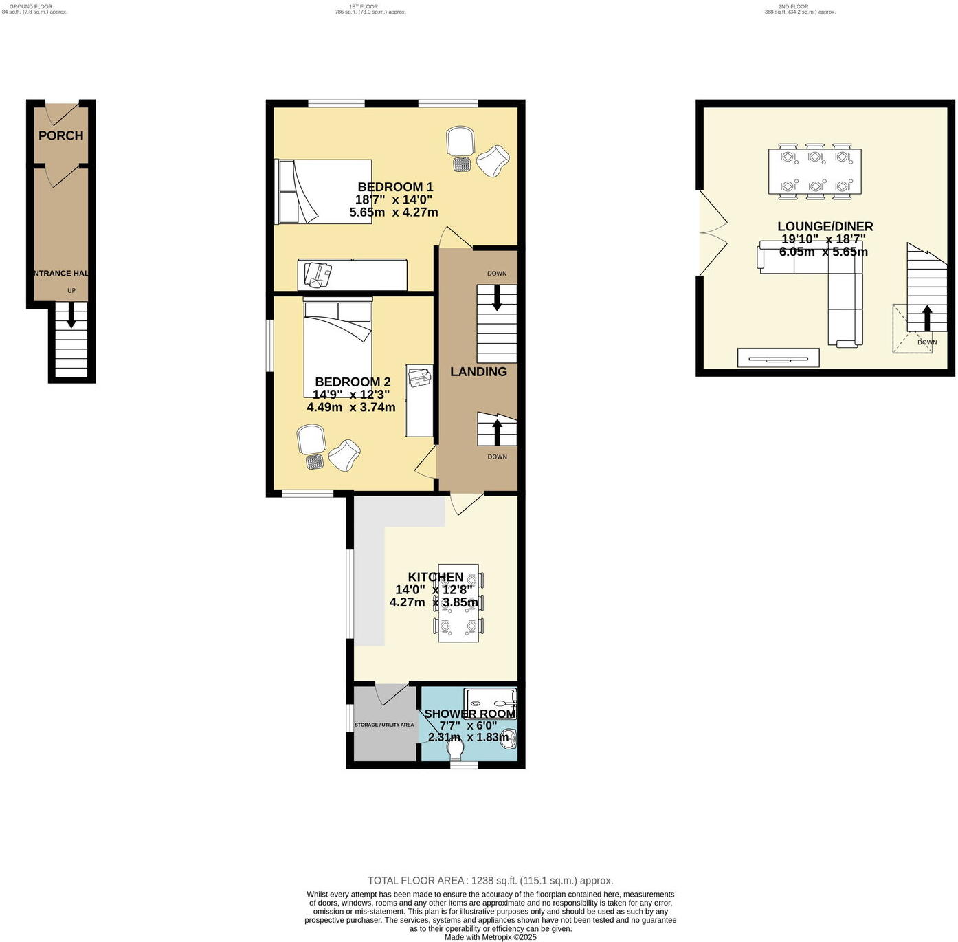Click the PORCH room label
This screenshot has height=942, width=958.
click(60, 135)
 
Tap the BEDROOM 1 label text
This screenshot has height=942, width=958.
click(395, 187)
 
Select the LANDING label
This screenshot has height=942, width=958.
click(478, 372)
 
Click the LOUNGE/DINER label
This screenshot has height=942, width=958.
click(825, 227)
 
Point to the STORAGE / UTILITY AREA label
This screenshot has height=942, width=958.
click(384, 725)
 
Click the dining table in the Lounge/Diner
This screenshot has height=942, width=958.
click(814, 172)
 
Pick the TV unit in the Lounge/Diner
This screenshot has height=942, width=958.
click(778, 358)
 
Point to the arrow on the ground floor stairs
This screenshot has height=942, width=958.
click(71, 318)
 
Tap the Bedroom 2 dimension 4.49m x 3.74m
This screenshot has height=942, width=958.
click(351, 407)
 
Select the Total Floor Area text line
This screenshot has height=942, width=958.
click(490, 881)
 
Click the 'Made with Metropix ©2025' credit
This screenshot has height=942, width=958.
click(490, 936)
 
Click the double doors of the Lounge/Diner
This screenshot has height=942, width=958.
click(712, 234)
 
